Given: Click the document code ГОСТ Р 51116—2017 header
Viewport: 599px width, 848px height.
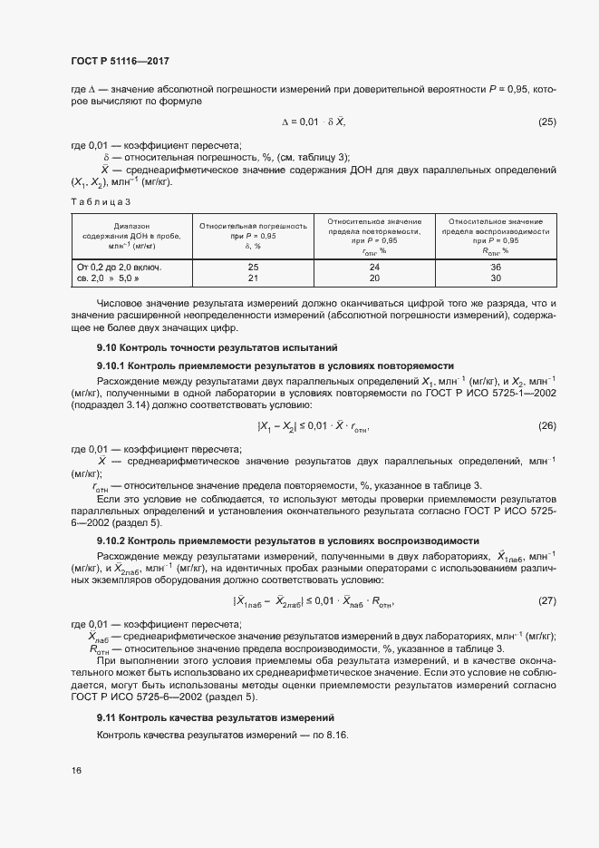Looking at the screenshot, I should (x=120, y=61).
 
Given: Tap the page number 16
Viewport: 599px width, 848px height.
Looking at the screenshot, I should (x=76, y=771).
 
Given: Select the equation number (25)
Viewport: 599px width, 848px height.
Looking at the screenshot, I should (x=547, y=122).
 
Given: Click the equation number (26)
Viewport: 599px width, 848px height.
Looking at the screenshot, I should (x=547, y=425).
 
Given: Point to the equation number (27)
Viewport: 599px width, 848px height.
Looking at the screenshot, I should (x=547, y=601).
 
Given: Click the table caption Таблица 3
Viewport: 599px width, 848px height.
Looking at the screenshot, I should (x=101, y=200).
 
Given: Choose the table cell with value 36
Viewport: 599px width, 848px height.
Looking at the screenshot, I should (x=495, y=267).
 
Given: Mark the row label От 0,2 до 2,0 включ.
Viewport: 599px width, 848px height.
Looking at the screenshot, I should (x=119, y=267).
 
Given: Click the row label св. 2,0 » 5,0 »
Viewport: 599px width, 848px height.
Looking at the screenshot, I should (x=112, y=278).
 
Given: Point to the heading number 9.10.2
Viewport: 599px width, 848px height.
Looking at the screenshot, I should (x=113, y=541).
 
